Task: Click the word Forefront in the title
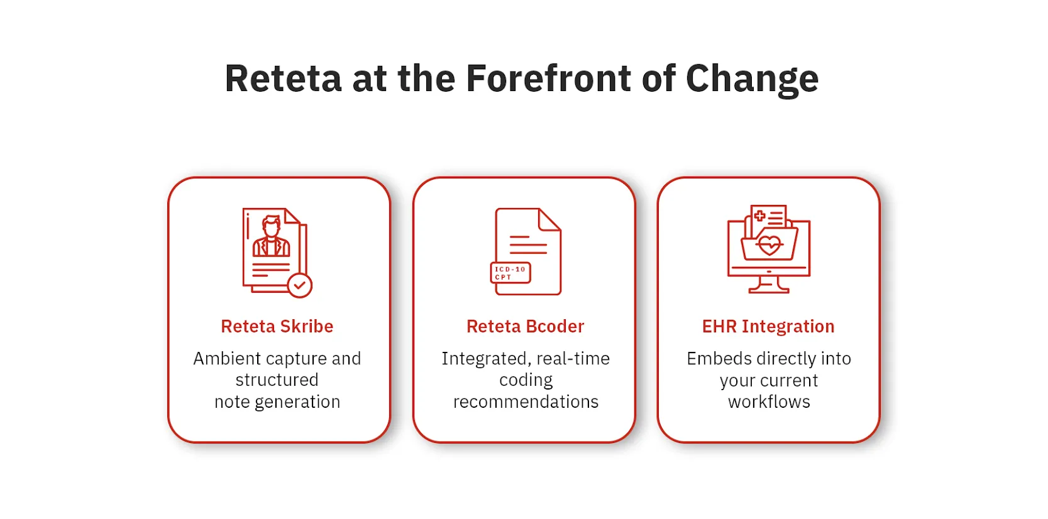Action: [548, 78]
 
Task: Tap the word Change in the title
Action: [753, 80]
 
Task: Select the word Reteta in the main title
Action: [283, 78]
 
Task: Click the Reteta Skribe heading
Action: [277, 326]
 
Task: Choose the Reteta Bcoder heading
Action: [526, 326]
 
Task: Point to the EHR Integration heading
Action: [768, 327]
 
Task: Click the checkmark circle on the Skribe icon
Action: [299, 285]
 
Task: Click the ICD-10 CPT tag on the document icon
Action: [510, 273]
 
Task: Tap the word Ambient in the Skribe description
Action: [227, 359]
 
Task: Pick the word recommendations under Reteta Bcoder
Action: [526, 402]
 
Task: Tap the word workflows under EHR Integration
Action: [769, 402]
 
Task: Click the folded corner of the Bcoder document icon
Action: [549, 219]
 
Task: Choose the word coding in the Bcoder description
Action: [526, 381]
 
